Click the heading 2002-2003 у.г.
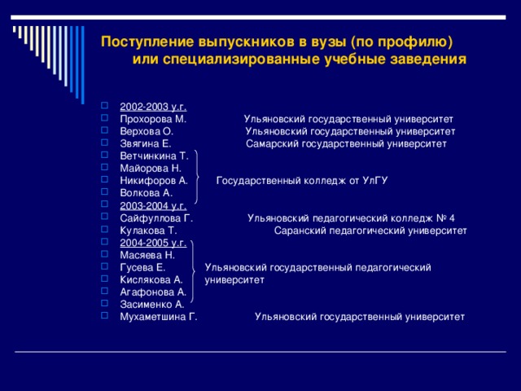[x=153, y=107]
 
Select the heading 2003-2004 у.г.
[x=153, y=205]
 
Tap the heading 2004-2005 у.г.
[x=153, y=243]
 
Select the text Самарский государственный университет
[x=347, y=143]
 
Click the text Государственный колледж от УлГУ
[x=301, y=181]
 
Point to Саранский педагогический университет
[x=370, y=231]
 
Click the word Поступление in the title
[x=146, y=42]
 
